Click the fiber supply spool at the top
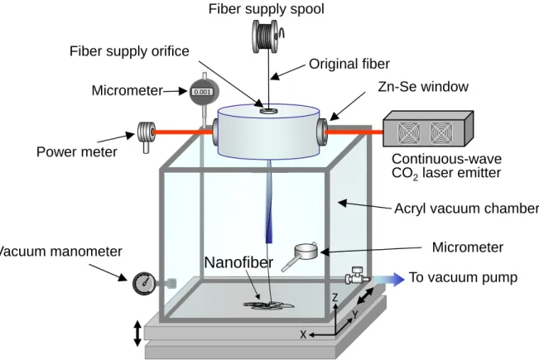[x=266, y=36]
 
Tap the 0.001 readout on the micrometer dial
[x=202, y=92]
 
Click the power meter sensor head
[x=146, y=133]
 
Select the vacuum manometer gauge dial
[x=144, y=283]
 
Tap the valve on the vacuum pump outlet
[x=357, y=276]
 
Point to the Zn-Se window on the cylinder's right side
[x=322, y=132]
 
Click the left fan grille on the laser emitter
[x=409, y=132]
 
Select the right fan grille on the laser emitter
[x=441, y=132]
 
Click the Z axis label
[x=335, y=297]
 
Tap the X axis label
[x=303, y=334]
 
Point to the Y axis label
[x=355, y=314]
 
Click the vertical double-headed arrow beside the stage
[x=137, y=334]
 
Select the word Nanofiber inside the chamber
[x=238, y=262]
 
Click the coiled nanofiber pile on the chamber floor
[x=268, y=305]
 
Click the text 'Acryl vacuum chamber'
[x=466, y=209]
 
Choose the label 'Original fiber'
[x=349, y=64]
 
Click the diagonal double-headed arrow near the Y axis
[x=365, y=296]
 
